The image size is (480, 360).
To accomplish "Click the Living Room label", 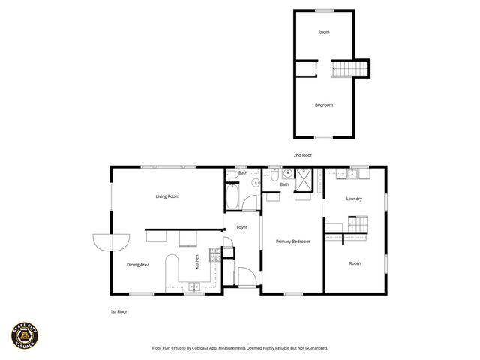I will tap(167, 196).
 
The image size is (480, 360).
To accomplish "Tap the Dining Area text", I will tap(137, 264).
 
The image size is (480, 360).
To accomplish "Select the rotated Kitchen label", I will tap(197, 262).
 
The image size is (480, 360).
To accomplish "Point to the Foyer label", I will tap(242, 226).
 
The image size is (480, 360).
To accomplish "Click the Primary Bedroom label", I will tap(292, 241).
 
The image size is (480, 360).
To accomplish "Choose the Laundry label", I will tap(355, 199).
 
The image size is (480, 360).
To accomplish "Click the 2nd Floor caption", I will tap(303, 155).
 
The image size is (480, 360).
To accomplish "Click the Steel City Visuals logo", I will tap(24, 334).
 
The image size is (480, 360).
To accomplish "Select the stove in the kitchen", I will tap(214, 253).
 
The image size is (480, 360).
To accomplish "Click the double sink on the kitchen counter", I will tap(194, 286).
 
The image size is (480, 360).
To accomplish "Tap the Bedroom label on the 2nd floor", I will tap(324, 105).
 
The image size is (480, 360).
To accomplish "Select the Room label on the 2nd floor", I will tap(324, 32).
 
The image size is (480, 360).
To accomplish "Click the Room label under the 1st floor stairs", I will tap(355, 263).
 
